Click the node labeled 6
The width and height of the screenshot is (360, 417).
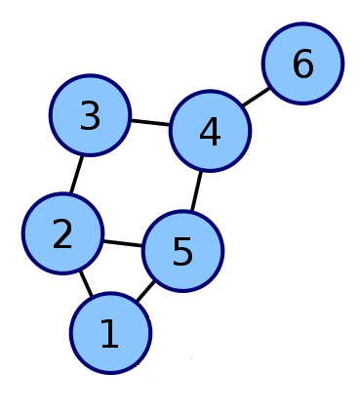point(302,63)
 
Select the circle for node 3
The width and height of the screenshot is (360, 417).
point(90,115)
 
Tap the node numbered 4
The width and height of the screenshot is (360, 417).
point(210,131)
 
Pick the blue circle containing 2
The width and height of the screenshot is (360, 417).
point(62,233)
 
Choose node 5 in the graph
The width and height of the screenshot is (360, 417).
point(182,251)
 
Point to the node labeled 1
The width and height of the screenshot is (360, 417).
point(110,333)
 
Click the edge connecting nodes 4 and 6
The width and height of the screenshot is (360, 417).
point(257,97)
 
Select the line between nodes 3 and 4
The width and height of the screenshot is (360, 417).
point(150,123)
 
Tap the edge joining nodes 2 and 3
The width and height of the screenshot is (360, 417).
point(76,175)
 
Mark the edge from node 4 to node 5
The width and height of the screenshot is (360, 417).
point(196,190)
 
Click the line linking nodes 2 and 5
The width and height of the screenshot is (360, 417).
point(123,243)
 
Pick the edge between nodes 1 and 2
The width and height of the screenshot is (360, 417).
point(86,283)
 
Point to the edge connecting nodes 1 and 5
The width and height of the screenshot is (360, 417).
point(145,291)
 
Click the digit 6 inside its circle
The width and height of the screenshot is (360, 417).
point(303,63)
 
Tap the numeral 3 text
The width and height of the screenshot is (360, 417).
point(90,115)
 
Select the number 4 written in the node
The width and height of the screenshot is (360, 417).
point(210,131)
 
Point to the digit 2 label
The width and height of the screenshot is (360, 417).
point(62,233)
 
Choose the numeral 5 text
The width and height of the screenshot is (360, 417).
point(182,251)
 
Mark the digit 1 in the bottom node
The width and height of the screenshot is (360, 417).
point(110,333)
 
